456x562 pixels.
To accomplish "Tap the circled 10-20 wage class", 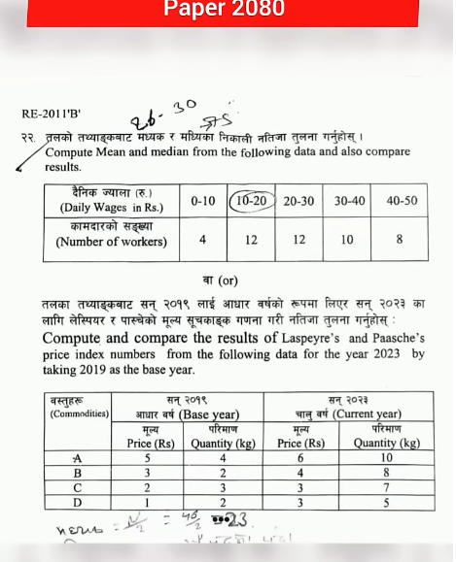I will click(251, 201).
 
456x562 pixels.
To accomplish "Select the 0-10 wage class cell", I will click(203, 201).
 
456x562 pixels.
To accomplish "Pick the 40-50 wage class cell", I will click(401, 201).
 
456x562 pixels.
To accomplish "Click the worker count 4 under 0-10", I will click(203, 239).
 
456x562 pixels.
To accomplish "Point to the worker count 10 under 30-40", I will click(347, 239).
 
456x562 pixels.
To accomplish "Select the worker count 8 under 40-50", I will click(400, 239).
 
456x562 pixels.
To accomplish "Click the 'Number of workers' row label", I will click(111, 243).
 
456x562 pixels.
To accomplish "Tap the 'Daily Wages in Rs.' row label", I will click(111, 207).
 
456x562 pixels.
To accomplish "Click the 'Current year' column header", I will click(348, 414).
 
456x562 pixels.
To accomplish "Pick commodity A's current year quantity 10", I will click(386, 458).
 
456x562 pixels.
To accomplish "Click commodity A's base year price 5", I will click(148, 458).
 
